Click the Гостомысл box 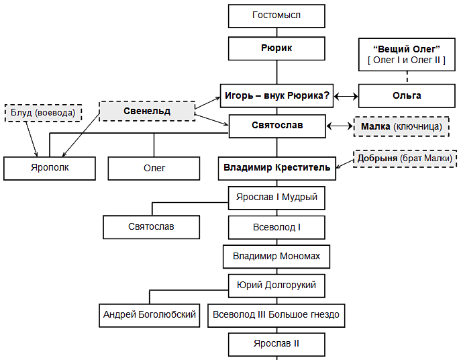click(x=276, y=15)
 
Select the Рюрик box click(x=276, y=48)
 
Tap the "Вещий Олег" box click(x=407, y=54)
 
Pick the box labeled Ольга click(x=407, y=95)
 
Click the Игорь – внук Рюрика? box click(x=276, y=95)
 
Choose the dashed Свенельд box click(x=147, y=111)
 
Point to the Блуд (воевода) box click(x=42, y=112)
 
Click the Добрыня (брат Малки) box click(x=405, y=158)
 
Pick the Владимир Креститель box click(x=276, y=167)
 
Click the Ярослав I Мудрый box click(x=276, y=198)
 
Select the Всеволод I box click(x=276, y=227)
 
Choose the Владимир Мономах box click(x=276, y=256)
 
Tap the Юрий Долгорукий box click(x=276, y=285)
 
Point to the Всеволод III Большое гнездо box click(x=276, y=314)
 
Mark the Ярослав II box click(x=276, y=343)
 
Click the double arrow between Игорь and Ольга click(x=346, y=96)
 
